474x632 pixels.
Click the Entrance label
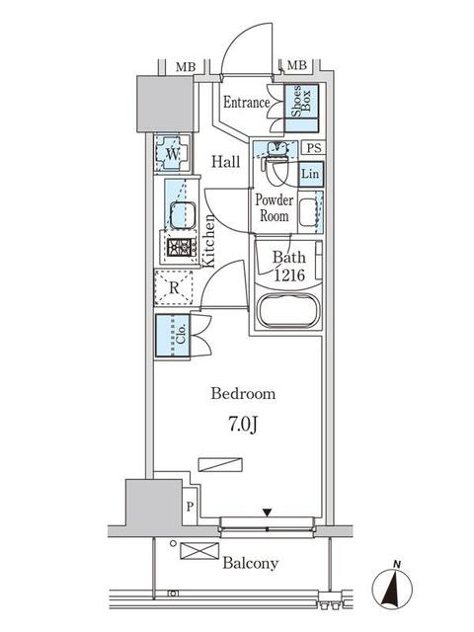[246, 102]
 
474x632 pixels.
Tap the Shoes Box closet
[302, 108]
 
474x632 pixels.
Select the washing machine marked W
[173, 153]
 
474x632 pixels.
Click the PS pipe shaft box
[314, 148]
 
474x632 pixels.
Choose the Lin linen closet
[311, 174]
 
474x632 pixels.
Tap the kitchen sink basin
[183, 215]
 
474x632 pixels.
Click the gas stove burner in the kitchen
[180, 247]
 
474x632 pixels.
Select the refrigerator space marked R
[174, 288]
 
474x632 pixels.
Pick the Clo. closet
[173, 336]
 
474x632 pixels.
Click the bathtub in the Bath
[288, 311]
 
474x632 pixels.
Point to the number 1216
[289, 276]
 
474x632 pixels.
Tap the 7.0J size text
[243, 424]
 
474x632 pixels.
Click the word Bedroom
[243, 393]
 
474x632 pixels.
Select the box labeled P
[190, 507]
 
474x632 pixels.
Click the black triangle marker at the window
[267, 513]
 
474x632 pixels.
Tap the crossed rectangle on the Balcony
[199, 551]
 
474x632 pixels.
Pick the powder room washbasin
[310, 212]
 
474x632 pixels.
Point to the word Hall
[226, 162]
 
